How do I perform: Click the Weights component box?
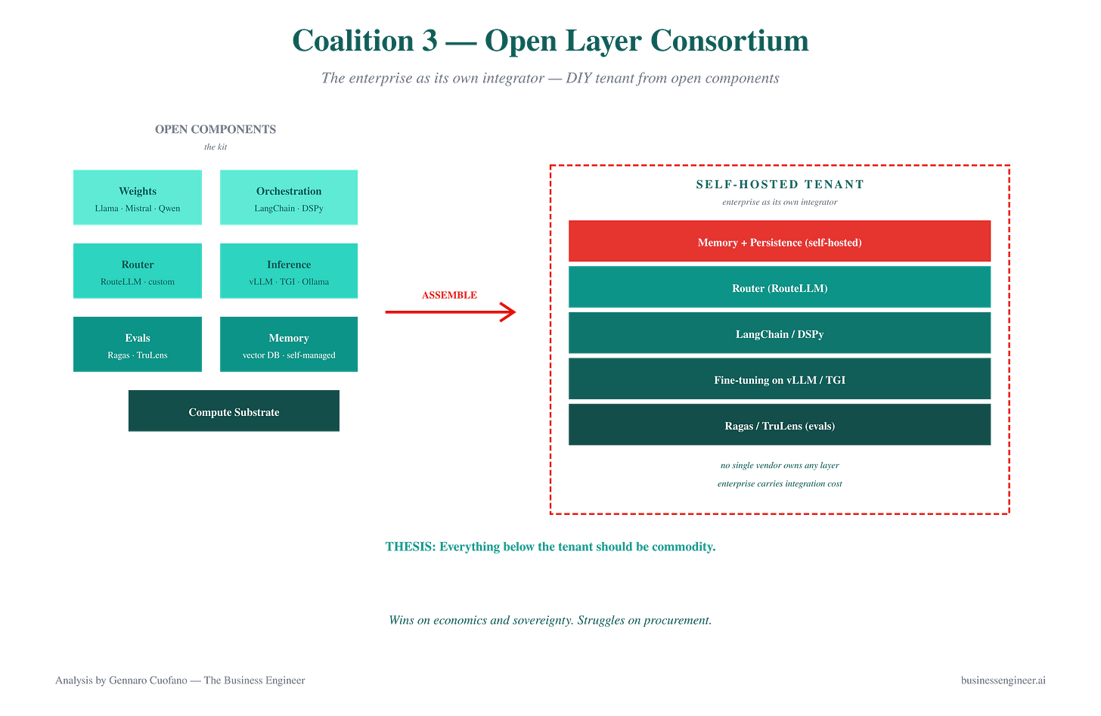(138, 197)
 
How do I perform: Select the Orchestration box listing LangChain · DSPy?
(289, 197)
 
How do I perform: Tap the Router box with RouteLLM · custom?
(138, 271)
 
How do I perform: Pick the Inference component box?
(289, 271)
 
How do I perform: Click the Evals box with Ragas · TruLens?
(138, 344)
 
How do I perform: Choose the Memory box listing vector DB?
(289, 344)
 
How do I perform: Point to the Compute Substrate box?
(234, 411)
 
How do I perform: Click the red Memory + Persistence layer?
(780, 240)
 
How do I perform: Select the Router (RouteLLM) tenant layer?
(780, 287)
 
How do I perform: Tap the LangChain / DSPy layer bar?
(780, 333)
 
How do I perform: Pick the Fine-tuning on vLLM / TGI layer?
(780, 378)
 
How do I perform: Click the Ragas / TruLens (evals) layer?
(780, 425)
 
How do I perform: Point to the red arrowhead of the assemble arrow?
(515, 312)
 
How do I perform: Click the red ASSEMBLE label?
(449, 295)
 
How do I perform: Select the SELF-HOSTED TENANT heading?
(780, 184)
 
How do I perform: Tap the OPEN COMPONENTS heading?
(216, 129)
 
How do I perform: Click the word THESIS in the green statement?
(411, 547)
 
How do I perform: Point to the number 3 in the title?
(429, 40)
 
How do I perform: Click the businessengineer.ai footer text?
(1003, 680)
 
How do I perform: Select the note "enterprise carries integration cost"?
(780, 484)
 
